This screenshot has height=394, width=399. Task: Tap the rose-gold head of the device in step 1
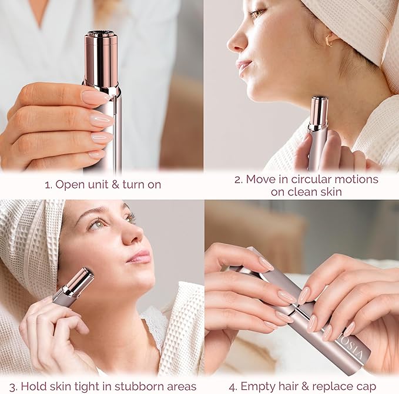point(101,56)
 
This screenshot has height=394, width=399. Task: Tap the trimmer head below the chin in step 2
point(319,111)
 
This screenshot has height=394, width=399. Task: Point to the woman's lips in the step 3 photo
point(140,256)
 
